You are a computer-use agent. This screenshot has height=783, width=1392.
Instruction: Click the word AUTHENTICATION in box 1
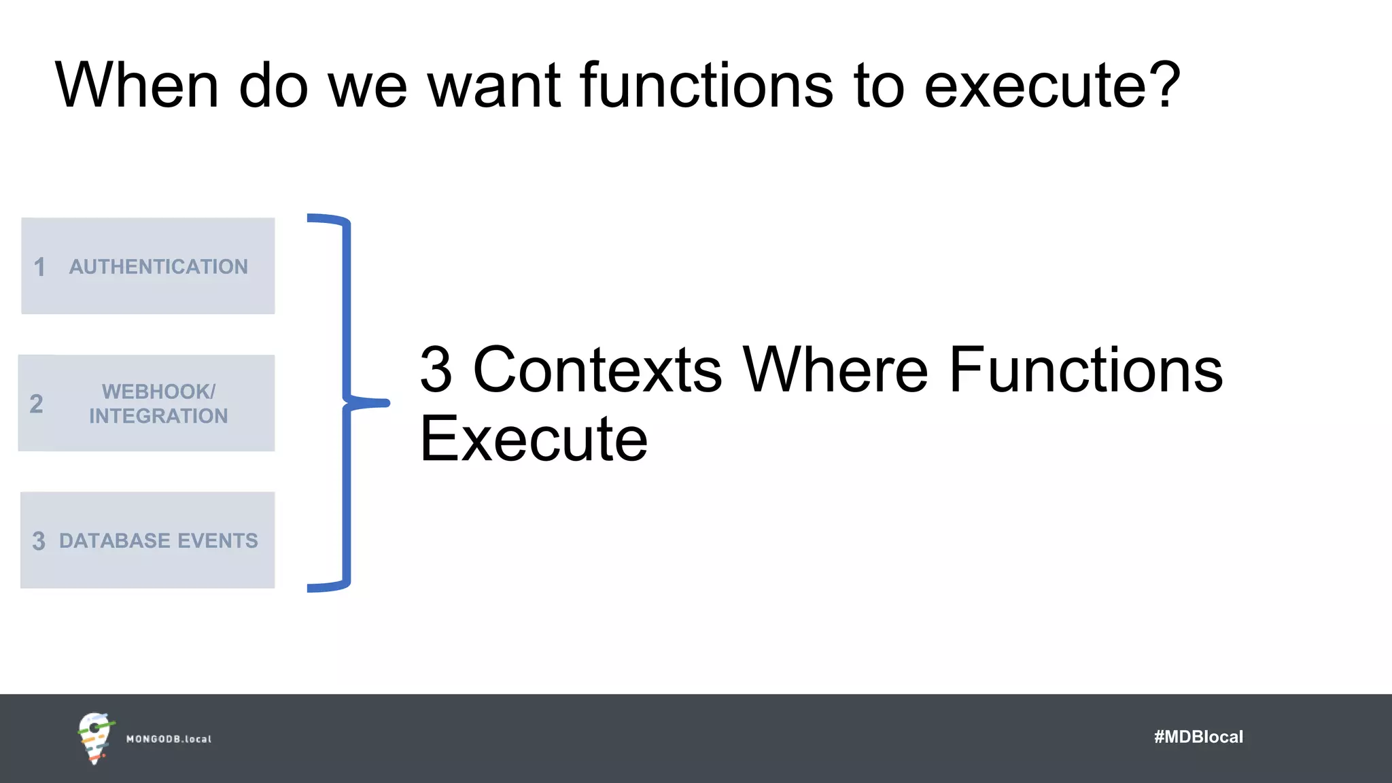tap(158, 266)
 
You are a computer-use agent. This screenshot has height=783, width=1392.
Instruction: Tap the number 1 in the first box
tap(39, 267)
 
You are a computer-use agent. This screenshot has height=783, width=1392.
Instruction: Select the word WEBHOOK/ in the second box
tap(158, 391)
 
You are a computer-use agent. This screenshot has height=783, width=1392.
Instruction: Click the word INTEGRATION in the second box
tap(158, 416)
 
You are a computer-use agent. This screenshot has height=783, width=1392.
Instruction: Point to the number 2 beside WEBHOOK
tap(37, 404)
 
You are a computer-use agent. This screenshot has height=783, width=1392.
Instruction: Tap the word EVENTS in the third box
tap(217, 541)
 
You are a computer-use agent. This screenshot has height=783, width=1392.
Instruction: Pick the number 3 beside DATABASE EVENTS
tap(39, 542)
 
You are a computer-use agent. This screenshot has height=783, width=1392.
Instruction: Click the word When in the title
tap(137, 86)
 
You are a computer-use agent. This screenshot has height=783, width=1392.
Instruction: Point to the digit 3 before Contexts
tap(436, 370)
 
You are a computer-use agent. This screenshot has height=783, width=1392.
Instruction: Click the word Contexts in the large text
tap(597, 370)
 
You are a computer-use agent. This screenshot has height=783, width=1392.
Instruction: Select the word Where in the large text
tap(835, 370)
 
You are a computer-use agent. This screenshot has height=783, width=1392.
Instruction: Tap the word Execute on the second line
tap(534, 439)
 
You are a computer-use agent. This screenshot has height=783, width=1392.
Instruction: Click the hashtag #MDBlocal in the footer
tap(1198, 737)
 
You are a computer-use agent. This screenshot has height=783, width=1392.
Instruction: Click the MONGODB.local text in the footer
tap(169, 739)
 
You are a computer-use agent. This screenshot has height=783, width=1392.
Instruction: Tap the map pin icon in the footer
tap(94, 737)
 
